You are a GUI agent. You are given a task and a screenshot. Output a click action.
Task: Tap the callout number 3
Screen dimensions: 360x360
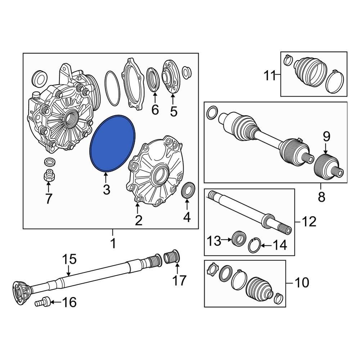pyautogui.click(x=106, y=190)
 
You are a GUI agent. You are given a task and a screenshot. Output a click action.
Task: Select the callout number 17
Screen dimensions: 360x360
pyautogui.click(x=179, y=280)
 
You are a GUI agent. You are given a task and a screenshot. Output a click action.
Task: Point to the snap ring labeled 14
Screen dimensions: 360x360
pyautogui.click(x=255, y=245)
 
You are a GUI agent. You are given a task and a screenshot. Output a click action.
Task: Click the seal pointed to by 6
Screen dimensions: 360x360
pyautogui.click(x=153, y=79)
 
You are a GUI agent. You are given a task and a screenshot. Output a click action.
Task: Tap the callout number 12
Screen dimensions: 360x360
pyautogui.click(x=309, y=221)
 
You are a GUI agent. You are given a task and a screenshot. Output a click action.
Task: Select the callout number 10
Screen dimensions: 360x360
pyautogui.click(x=302, y=282)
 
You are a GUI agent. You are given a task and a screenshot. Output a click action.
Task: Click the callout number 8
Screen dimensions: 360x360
pyautogui.click(x=321, y=197)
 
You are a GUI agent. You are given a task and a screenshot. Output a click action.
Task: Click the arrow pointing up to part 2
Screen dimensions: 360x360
pyautogui.click(x=137, y=208)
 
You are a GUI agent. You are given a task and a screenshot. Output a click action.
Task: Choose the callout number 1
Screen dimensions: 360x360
pyautogui.click(x=113, y=243)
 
